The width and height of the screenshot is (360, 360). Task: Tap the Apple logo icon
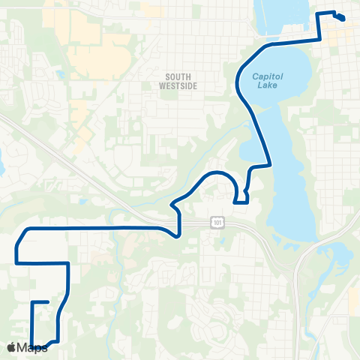point(11,347)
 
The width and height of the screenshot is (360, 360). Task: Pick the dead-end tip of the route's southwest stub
point(48,302)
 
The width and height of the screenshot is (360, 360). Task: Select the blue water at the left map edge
point(1,161)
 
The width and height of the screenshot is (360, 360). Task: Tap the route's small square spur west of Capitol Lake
point(241,198)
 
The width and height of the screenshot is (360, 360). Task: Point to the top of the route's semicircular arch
point(217,172)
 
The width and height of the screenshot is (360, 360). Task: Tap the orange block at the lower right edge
point(354,300)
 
